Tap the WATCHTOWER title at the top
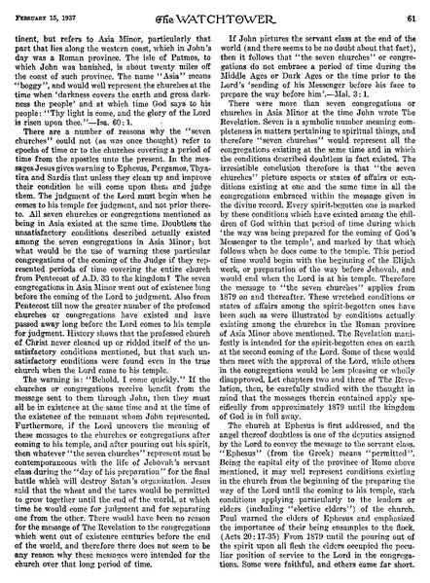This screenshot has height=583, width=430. [x=215, y=11]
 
